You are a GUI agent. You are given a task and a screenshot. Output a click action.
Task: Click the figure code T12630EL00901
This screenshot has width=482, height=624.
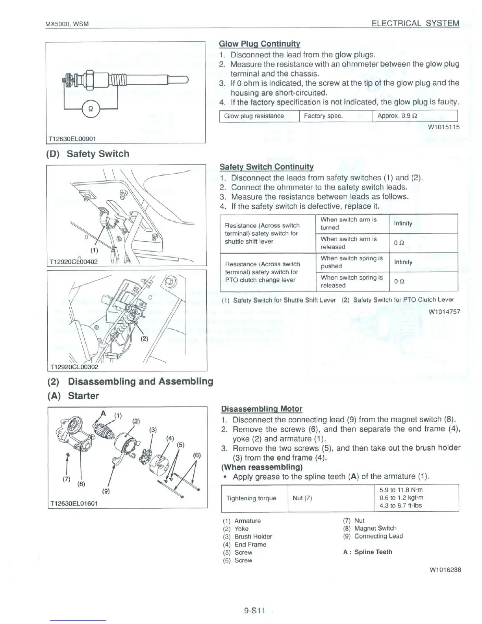tap(72, 139)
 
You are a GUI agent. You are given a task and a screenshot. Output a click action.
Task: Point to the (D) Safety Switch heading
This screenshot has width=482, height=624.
tap(88, 154)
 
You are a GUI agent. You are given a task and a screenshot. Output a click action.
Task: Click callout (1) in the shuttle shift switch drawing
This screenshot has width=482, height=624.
tap(94, 250)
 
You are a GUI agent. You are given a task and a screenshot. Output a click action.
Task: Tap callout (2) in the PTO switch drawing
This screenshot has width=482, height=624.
tap(145, 338)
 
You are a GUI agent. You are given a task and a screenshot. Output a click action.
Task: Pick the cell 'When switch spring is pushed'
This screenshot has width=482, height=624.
tap(352, 262)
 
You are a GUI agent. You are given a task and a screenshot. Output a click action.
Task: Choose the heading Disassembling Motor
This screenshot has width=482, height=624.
tap(261, 409)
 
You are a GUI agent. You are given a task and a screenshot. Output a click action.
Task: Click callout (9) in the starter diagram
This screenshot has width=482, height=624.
tap(106, 491)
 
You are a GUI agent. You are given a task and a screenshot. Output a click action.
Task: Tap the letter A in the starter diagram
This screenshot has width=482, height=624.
tap(104, 413)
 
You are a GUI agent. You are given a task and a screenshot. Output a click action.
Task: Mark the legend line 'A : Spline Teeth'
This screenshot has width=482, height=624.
tap(367, 552)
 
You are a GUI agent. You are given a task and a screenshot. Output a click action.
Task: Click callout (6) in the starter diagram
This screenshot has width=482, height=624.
tap(197, 455)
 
